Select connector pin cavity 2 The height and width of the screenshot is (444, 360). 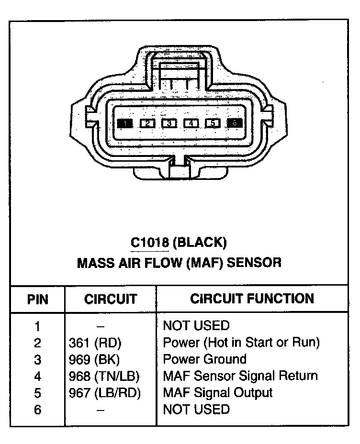click(x=147, y=123)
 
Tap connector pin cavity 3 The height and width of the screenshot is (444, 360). click(x=169, y=123)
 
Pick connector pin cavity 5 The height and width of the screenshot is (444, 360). click(x=213, y=123)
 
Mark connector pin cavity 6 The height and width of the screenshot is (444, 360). click(x=235, y=123)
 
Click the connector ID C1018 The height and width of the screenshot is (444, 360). click(x=150, y=243)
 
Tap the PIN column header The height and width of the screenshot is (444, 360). click(x=37, y=300)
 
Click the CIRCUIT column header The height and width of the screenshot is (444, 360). click(x=111, y=300)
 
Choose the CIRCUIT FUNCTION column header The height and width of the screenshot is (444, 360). click(x=252, y=299)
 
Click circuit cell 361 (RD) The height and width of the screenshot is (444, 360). click(x=96, y=343)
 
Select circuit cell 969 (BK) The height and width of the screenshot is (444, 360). click(x=95, y=360)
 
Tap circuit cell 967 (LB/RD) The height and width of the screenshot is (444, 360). click(x=106, y=393)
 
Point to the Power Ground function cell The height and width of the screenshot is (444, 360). click(x=205, y=359)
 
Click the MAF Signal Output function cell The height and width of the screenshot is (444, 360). click(x=218, y=393)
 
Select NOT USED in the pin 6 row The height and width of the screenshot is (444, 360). click(x=196, y=410)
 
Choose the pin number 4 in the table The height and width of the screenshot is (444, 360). click(x=37, y=377)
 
